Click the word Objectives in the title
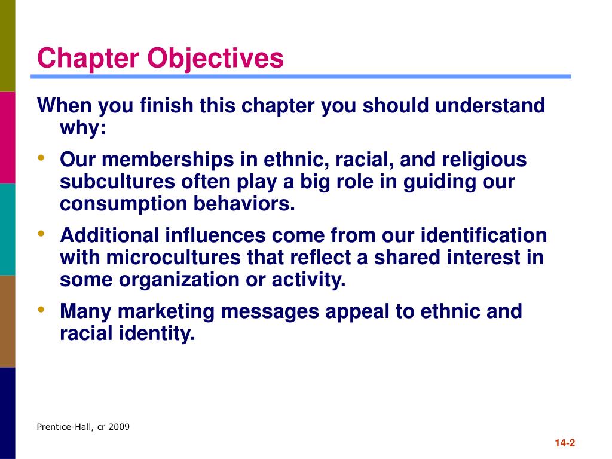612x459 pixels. coord(216,59)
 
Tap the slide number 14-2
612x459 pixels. coord(564,443)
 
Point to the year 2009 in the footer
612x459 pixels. coord(118,427)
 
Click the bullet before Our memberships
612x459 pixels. coord(41,158)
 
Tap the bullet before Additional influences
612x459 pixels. coord(41,234)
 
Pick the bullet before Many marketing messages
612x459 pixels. coord(41,309)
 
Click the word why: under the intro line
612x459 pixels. coord(82,128)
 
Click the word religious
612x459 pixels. coord(484,160)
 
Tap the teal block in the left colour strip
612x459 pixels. coord(7,229)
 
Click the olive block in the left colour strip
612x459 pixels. coord(7,45)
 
